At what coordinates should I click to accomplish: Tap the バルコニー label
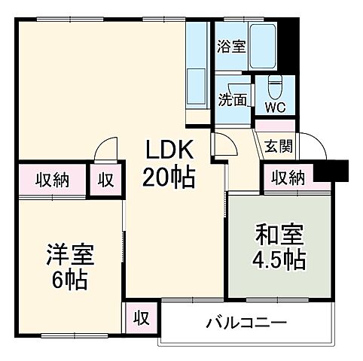click(246, 323)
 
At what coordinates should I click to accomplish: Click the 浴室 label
click(230, 47)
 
